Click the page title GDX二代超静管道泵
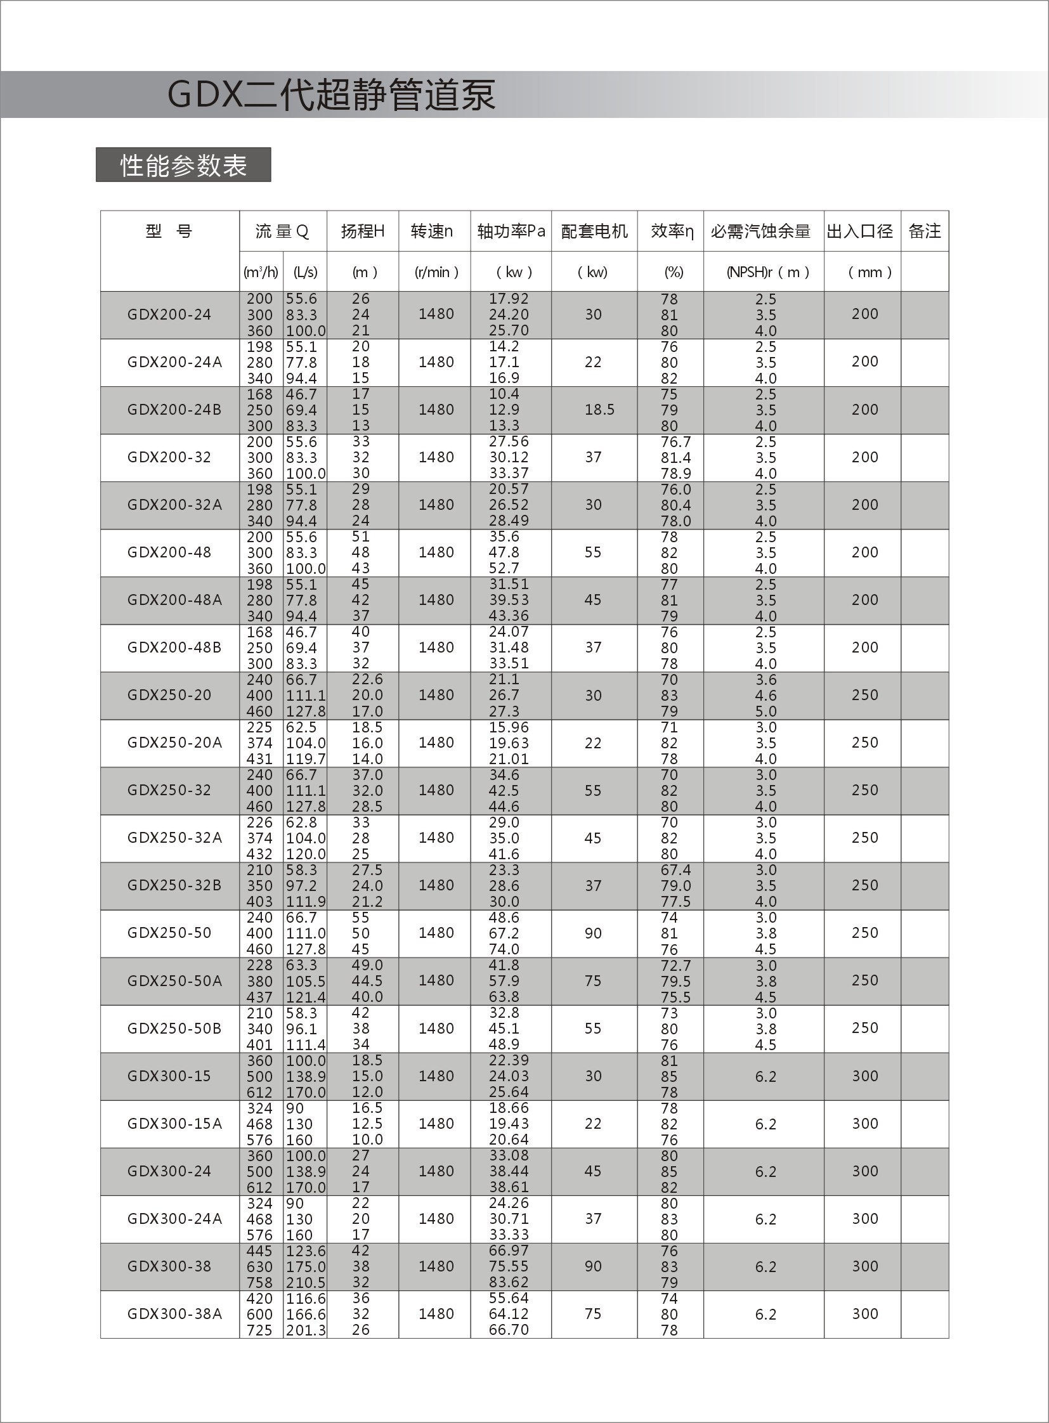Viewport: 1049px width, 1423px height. tap(331, 95)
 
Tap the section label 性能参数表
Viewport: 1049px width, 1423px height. tap(183, 166)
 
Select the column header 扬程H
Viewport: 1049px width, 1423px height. tap(363, 231)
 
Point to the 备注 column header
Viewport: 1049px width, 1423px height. tap(925, 231)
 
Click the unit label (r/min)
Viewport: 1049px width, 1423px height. tap(436, 273)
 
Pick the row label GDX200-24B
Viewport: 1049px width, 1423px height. tap(174, 410)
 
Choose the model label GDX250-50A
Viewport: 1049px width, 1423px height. tap(174, 980)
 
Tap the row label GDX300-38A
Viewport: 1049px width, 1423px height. tap(174, 1314)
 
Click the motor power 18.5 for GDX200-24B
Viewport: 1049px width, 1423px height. tap(599, 410)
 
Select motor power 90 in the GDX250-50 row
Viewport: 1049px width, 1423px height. tap(592, 933)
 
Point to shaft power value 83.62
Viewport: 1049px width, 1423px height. tap(509, 1282)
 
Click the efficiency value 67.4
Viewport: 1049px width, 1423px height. tap(675, 870)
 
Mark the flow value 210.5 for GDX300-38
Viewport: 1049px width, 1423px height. tap(306, 1283)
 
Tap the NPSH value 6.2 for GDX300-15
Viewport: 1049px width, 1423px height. tap(765, 1076)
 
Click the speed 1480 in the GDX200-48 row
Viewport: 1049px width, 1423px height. tap(436, 552)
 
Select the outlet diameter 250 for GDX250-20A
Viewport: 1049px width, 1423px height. tap(865, 743)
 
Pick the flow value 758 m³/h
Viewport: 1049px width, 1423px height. tap(259, 1283)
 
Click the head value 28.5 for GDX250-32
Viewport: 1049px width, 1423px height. tap(367, 807)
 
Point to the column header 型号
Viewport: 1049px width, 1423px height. tap(168, 231)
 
